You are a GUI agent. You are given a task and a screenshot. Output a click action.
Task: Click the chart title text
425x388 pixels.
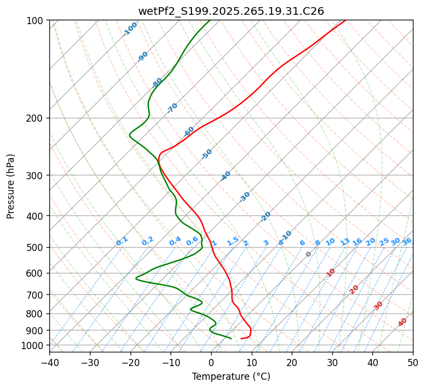(231, 11)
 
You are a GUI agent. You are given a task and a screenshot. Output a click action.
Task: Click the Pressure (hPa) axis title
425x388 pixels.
(10, 186)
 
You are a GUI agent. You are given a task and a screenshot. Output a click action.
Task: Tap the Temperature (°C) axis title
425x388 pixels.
(231, 376)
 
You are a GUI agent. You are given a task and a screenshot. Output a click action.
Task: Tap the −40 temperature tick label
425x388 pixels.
(49, 362)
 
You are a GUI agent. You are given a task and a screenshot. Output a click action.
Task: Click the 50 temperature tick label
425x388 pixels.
(413, 362)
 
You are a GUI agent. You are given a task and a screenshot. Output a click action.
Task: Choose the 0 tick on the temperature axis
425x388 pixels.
(211, 362)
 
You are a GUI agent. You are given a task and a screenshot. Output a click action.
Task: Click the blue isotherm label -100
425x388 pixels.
(130, 29)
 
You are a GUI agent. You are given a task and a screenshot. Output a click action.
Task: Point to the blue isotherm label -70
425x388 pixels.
(172, 108)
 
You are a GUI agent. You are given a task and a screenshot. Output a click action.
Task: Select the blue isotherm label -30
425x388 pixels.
(245, 197)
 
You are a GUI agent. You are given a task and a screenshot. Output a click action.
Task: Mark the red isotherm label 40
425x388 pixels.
(403, 322)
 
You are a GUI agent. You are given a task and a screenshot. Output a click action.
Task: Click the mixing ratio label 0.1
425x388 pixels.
(122, 241)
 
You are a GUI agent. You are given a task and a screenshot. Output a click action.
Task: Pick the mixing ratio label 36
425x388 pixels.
(407, 242)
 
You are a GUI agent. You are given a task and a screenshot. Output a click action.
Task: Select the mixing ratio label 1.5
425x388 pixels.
(233, 241)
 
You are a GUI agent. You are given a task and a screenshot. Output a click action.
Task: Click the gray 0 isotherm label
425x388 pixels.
(309, 254)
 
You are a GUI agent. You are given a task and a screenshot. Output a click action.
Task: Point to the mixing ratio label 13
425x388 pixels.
(345, 242)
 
